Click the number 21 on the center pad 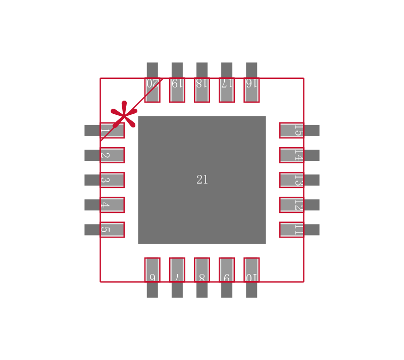point(202,180)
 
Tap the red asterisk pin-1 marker point(124,114)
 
